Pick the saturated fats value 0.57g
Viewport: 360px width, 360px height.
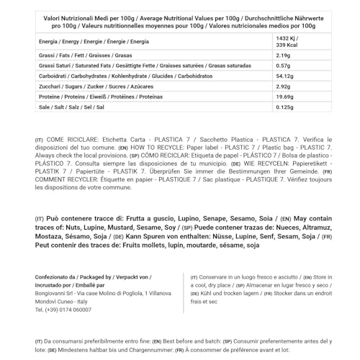pos(284,66)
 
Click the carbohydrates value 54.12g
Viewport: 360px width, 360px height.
pos(286,76)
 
